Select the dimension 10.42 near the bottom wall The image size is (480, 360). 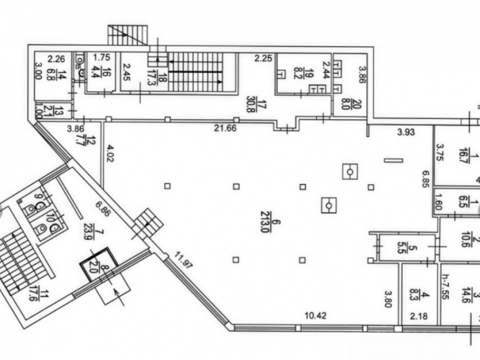click(x=316, y=315)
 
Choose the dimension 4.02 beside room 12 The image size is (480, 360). click(x=111, y=154)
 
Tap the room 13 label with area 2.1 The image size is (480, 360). click(x=59, y=110)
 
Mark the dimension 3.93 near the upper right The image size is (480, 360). click(x=406, y=132)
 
